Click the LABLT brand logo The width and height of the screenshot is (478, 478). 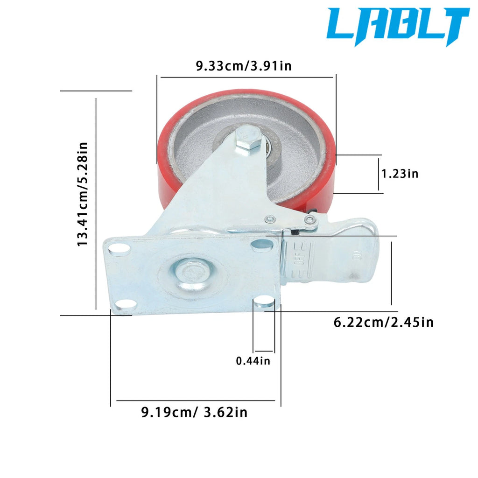click(x=398, y=26)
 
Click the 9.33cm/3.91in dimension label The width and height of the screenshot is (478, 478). click(x=244, y=66)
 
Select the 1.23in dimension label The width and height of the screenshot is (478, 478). click(x=400, y=174)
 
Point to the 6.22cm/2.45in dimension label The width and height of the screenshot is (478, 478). click(x=384, y=322)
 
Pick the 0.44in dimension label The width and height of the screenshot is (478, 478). click(x=253, y=361)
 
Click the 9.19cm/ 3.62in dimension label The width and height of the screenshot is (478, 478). click(x=194, y=412)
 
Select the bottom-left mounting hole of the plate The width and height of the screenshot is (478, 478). click(x=125, y=305)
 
